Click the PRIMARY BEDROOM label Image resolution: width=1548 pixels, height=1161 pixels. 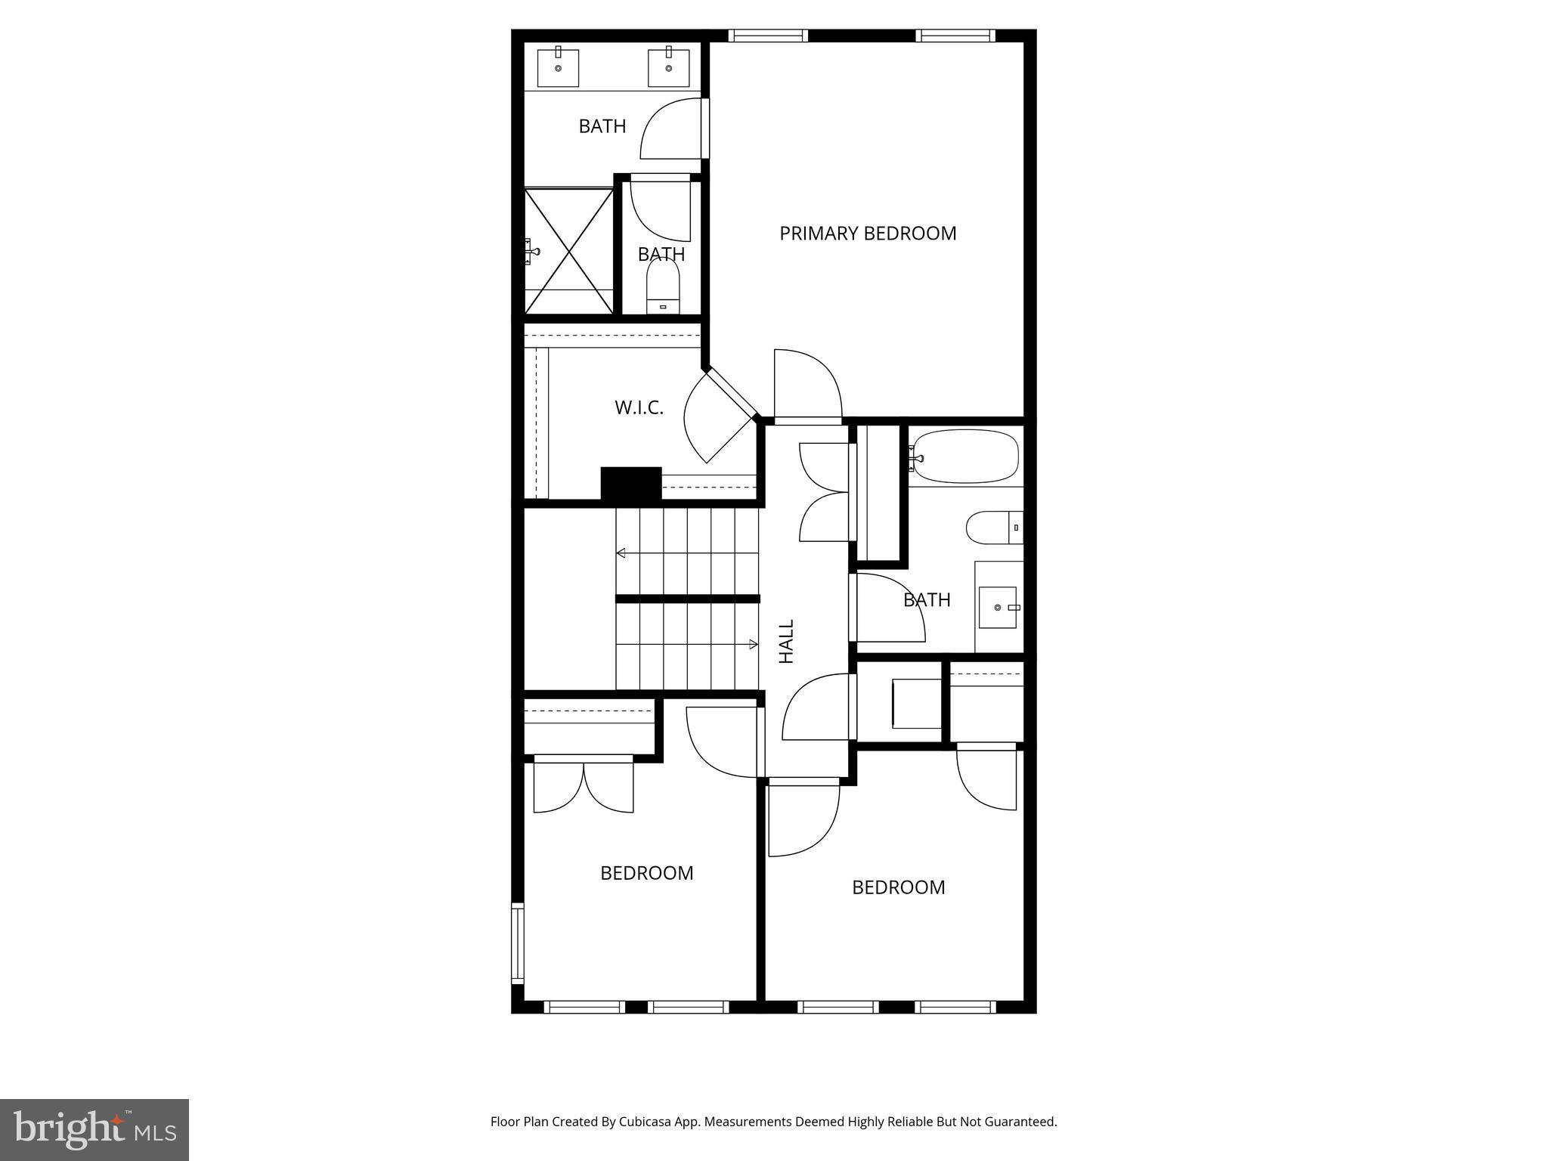868,234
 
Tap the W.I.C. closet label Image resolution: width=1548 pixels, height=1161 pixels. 639,408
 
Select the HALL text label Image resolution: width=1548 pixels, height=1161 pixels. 787,642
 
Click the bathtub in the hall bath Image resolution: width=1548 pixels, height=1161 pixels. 964,457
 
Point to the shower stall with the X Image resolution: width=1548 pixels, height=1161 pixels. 568,251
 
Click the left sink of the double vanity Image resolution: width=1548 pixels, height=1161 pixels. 558,67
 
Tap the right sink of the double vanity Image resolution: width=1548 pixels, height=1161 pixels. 669,67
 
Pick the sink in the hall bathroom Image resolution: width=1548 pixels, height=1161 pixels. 998,607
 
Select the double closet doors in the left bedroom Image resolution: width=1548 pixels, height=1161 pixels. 584,786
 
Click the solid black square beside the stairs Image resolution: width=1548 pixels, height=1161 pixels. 631,483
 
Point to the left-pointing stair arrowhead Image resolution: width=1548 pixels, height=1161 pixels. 621,553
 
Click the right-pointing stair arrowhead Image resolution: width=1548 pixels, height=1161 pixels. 754,644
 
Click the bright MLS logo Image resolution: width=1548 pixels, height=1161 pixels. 94,1129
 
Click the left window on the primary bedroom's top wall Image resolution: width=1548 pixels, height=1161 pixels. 768,36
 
